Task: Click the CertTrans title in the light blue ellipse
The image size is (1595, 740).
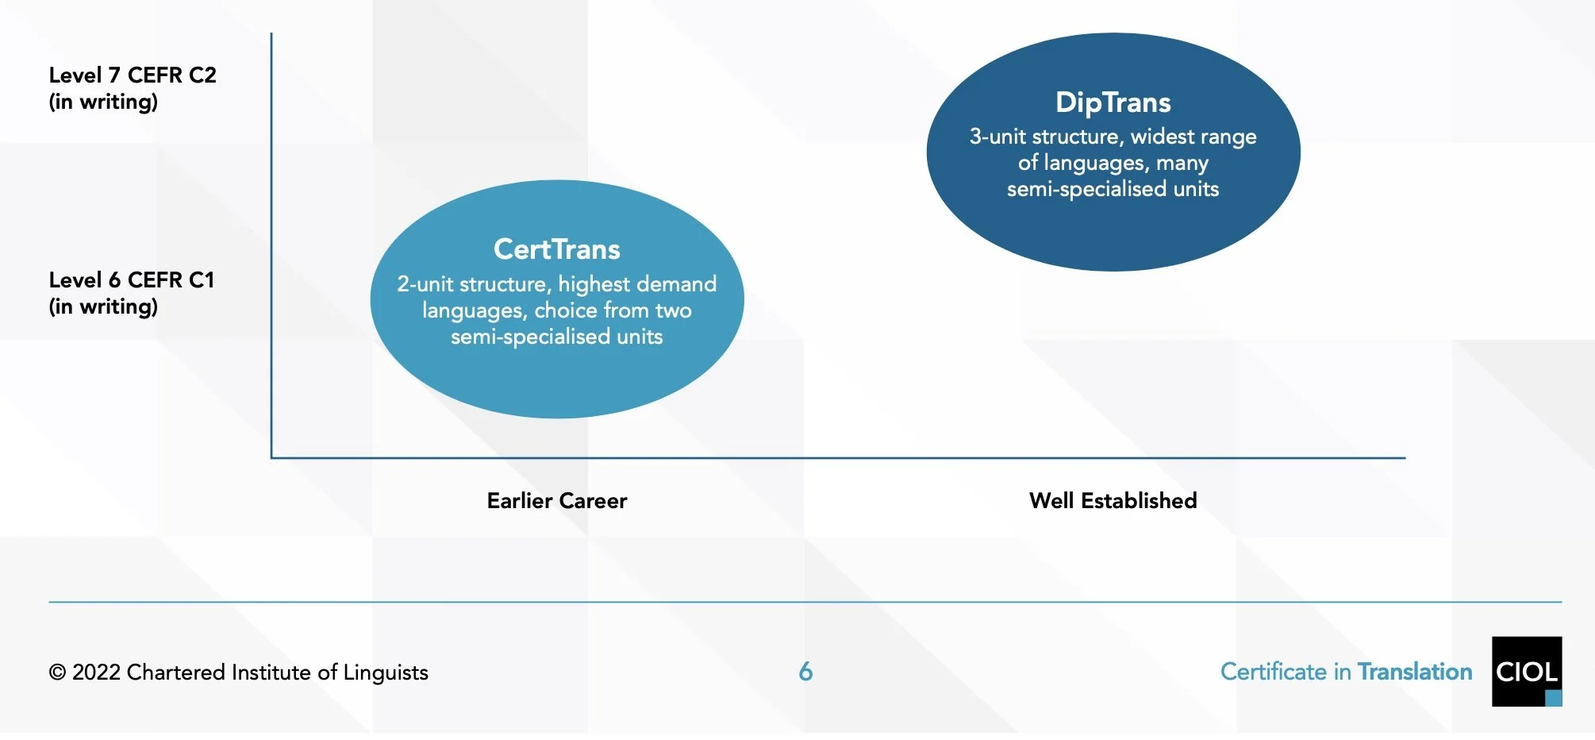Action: [x=556, y=249]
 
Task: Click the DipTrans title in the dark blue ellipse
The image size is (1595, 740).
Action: [x=1113, y=102]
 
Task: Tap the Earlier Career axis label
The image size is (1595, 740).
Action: [x=556, y=500]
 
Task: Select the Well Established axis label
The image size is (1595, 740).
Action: [x=1113, y=500]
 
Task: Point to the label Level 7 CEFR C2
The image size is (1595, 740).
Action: [x=133, y=75]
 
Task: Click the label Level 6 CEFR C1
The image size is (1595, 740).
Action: [x=132, y=280]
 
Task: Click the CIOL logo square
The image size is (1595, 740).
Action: [x=1526, y=671]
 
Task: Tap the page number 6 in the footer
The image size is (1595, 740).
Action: [x=805, y=672]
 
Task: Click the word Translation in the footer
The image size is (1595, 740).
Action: [x=1415, y=672]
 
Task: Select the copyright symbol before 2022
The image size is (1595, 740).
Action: [x=57, y=673]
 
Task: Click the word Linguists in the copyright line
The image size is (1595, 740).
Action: [x=386, y=673]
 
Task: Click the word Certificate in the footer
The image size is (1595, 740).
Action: [x=1273, y=672]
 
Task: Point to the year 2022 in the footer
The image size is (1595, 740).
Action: [x=96, y=673]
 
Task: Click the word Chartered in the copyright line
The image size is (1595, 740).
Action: [x=175, y=673]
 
